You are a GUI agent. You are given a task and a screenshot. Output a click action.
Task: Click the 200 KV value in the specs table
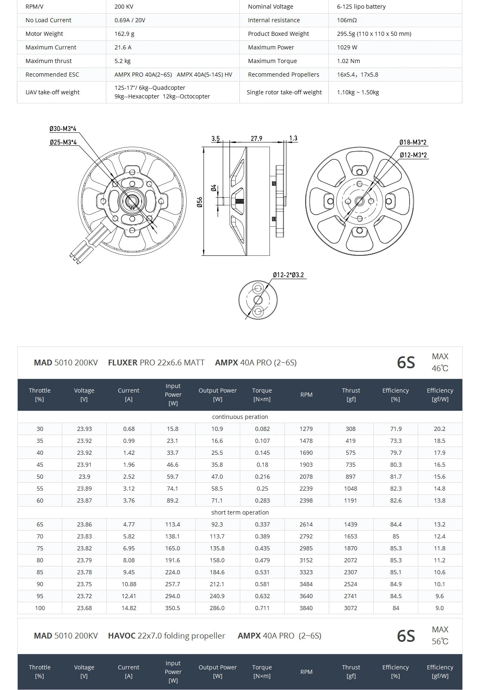point(124,7)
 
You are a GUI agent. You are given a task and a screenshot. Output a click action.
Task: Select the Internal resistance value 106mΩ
point(347,20)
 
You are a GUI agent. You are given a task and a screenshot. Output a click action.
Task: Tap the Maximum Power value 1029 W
point(347,47)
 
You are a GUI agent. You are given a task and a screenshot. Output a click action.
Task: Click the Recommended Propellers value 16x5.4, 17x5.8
point(357,75)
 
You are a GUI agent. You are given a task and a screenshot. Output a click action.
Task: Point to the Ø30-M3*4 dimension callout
point(63,129)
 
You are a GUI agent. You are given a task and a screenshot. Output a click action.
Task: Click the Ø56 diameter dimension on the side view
point(199,202)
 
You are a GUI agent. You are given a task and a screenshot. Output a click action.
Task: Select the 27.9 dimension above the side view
point(256,138)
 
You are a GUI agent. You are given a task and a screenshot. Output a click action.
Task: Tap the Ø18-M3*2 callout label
point(412,142)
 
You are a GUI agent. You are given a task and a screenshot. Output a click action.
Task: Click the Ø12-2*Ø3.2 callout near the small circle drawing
point(288,275)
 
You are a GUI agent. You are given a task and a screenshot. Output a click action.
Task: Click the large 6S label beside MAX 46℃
point(405,363)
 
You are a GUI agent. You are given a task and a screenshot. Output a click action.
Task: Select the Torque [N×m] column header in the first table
point(262,395)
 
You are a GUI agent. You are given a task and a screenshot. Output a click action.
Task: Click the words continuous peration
point(240,417)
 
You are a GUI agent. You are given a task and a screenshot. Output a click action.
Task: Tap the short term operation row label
point(240,512)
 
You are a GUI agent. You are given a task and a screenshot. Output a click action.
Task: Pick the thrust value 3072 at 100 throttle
point(351,608)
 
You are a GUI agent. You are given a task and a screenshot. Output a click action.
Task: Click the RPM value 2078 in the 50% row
point(306,477)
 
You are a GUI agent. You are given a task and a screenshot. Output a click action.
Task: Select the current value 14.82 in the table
point(129,608)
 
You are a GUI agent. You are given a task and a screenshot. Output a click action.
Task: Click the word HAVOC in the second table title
point(122,636)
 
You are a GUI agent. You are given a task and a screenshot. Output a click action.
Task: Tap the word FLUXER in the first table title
point(122,363)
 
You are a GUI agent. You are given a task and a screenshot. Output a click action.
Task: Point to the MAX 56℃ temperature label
point(440,636)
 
